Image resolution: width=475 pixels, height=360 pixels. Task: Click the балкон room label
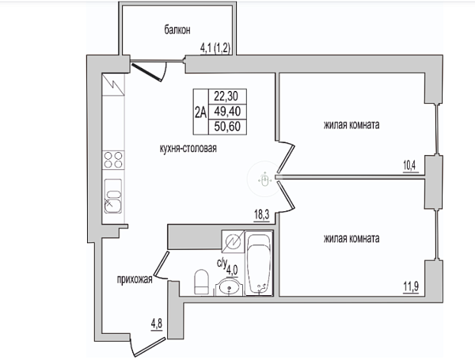177,30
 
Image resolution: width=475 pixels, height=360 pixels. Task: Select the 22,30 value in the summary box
226,97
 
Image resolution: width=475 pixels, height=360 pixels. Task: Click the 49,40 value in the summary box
227,111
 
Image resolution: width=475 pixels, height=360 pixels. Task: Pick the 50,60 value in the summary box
227,127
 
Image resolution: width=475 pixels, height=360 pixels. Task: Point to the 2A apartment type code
200,112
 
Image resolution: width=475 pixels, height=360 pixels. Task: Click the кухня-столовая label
188,149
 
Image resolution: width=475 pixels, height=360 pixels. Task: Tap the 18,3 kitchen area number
261,215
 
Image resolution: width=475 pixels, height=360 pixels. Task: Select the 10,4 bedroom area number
409,165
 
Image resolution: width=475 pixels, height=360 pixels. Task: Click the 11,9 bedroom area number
411,286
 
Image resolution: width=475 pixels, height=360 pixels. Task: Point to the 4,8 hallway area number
157,324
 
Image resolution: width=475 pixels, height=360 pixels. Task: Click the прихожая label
135,279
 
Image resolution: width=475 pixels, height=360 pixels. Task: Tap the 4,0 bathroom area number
232,270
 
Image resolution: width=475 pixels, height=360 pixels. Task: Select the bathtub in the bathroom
259,263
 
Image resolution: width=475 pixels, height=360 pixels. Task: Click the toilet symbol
201,282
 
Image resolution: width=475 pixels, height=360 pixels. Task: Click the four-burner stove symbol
113,160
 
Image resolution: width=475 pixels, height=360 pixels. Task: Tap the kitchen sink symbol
113,196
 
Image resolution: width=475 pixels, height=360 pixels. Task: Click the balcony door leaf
146,71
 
